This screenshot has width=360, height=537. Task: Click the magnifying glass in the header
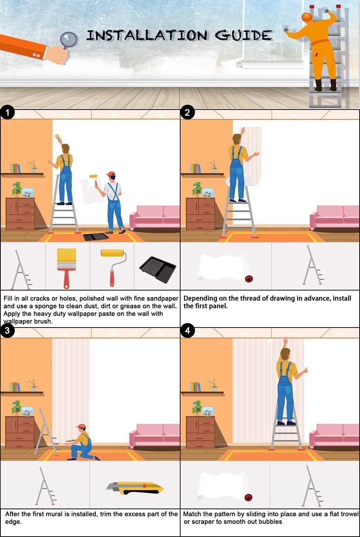pyautogui.click(x=69, y=39)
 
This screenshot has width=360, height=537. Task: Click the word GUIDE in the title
pyautogui.click(x=243, y=36)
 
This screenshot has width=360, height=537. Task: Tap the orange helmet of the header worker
pyautogui.click(x=307, y=17)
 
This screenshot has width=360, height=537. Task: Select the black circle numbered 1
pyautogui.click(x=7, y=113)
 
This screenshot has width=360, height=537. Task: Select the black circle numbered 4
pyautogui.click(x=187, y=330)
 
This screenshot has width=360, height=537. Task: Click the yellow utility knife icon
pyautogui.click(x=135, y=488)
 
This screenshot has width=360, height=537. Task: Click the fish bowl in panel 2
pyautogui.click(x=208, y=193)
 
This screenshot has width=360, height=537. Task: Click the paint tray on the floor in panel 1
pyautogui.click(x=96, y=237)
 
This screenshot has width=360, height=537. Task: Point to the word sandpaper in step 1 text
pyautogui.click(x=163, y=298)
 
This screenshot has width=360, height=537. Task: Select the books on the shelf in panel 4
pyautogui.click(x=195, y=387)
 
